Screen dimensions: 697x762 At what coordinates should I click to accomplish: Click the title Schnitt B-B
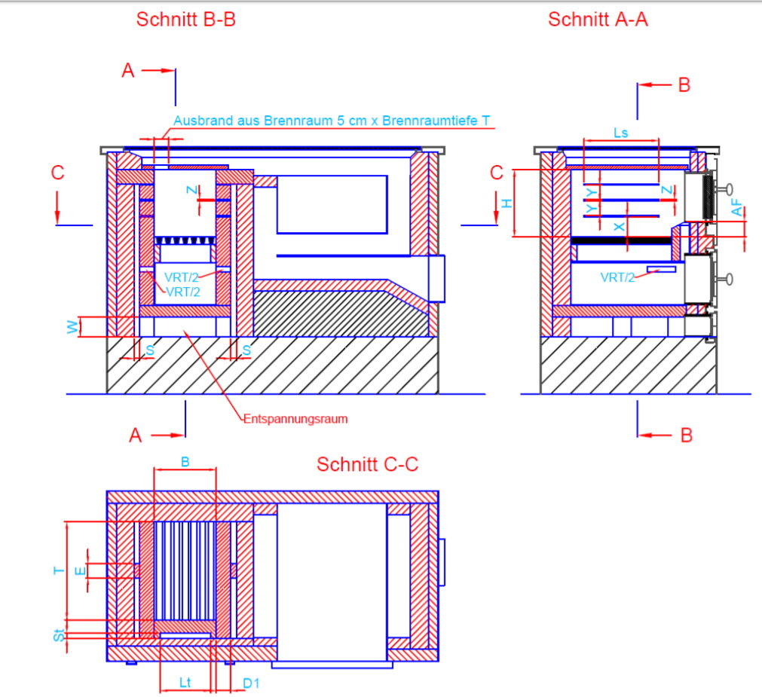185,20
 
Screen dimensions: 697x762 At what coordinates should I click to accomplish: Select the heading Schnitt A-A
598,20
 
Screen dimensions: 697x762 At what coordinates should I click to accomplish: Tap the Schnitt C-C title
367,464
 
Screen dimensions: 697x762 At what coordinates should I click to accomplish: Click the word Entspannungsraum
295,419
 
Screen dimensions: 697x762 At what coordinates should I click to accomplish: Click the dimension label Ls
621,133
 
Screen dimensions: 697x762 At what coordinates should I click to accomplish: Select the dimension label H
507,203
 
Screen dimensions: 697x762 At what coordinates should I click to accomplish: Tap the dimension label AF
736,209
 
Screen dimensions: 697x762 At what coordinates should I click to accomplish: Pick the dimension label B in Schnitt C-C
185,462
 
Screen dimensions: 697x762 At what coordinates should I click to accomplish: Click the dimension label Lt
185,683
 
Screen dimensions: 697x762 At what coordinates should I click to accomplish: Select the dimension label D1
251,683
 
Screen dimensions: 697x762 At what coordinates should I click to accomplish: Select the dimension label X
620,226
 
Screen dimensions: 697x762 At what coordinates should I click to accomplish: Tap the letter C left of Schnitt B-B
58,173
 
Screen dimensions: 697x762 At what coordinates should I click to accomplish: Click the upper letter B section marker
684,85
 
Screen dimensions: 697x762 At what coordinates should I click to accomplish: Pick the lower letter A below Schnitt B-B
135,435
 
